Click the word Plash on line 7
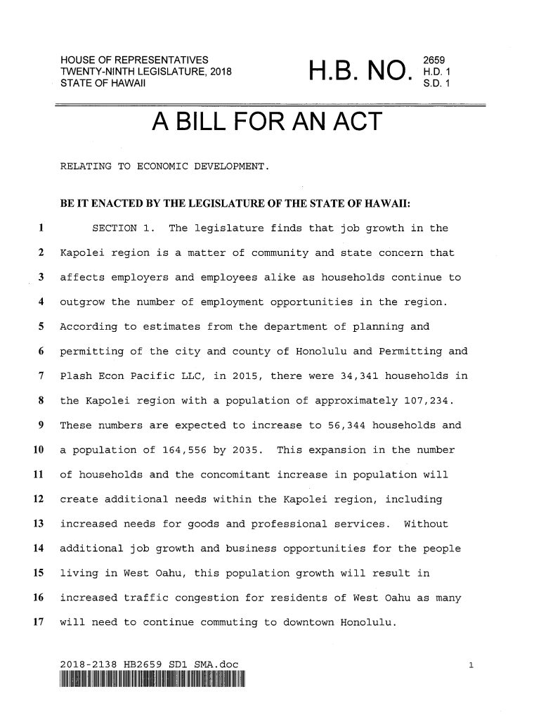click(x=77, y=376)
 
